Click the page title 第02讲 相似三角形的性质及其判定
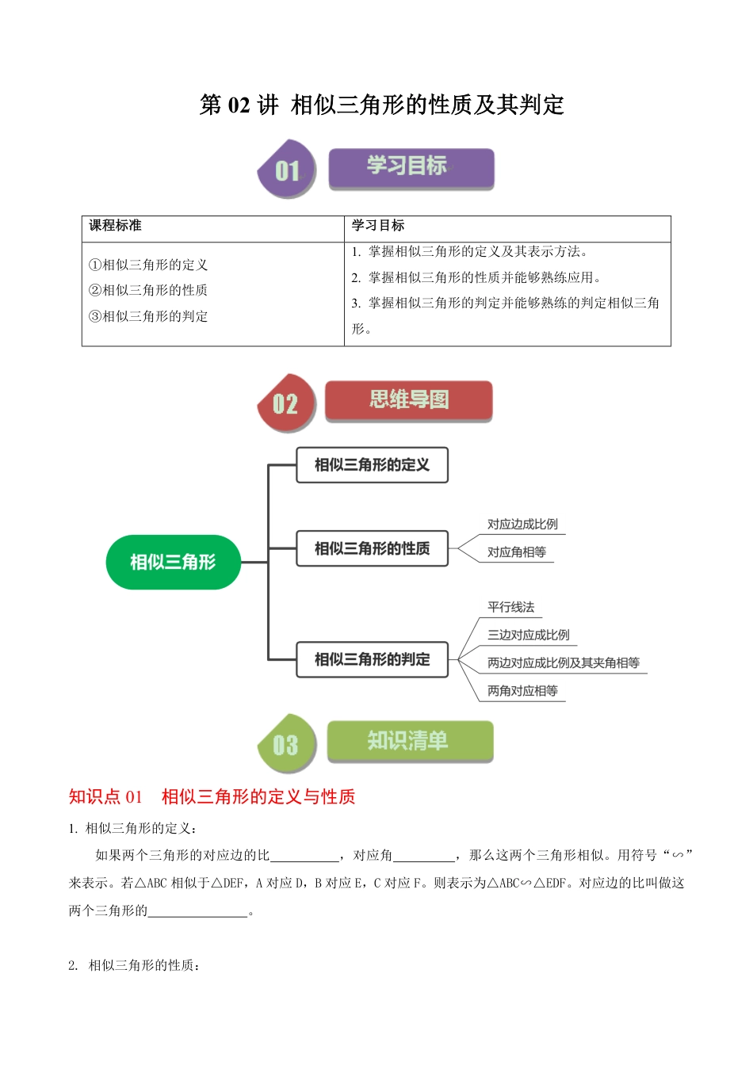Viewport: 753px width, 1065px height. coord(381,105)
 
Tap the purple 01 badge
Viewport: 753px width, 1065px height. coord(287,170)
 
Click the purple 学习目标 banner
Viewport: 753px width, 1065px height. coord(411,167)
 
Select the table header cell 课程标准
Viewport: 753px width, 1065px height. coord(116,226)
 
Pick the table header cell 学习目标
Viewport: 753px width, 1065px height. coord(378,226)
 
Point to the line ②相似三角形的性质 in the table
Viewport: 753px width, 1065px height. coord(148,290)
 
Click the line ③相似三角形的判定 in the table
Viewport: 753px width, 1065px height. coord(148,316)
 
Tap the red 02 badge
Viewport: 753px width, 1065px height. coord(286,403)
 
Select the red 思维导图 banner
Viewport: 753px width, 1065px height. coord(408,400)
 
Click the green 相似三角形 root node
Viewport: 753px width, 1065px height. coord(173,562)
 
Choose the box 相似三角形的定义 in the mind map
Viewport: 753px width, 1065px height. coord(372,465)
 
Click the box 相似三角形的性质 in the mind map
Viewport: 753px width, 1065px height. coord(372,548)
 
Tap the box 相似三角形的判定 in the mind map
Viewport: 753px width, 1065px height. coord(372,659)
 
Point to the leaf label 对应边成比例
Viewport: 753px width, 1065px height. coord(522,525)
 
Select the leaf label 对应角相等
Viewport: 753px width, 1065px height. coord(516,552)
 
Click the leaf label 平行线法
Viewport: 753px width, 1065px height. coord(510,608)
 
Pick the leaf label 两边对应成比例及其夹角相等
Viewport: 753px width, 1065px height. coord(563,663)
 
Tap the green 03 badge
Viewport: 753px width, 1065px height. coord(286,745)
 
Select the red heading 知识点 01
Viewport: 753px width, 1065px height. coord(105,796)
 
